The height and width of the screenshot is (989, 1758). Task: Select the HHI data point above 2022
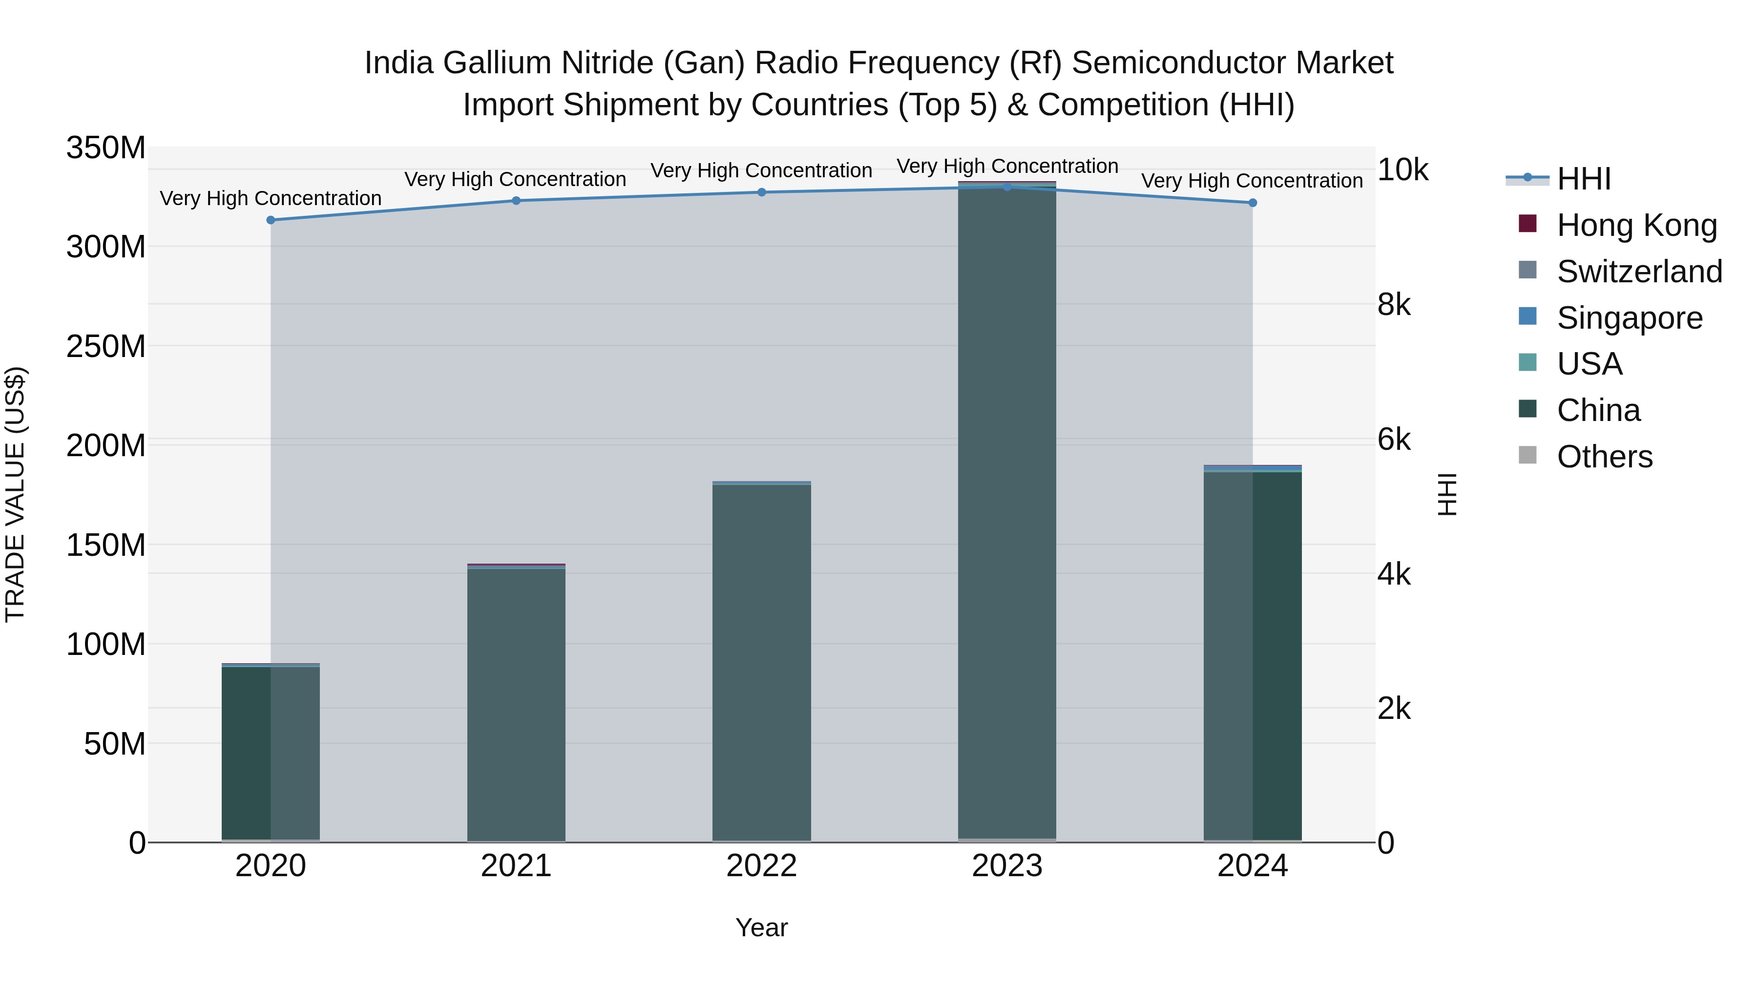pos(762,192)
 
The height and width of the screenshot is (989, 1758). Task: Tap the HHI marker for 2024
pos(1252,203)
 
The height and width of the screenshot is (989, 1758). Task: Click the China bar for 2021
pos(516,703)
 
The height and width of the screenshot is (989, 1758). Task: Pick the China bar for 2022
pos(762,662)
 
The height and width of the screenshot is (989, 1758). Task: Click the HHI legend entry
pos(1583,179)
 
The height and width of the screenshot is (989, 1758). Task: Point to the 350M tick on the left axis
pos(106,147)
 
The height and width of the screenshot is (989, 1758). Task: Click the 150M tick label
pos(106,545)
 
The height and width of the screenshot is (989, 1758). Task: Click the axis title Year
pos(762,927)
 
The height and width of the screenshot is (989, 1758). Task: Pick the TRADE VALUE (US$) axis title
pos(15,494)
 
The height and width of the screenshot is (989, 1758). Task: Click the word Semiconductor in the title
pos(1169,63)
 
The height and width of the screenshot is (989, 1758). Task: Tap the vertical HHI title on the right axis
pos(1447,494)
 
